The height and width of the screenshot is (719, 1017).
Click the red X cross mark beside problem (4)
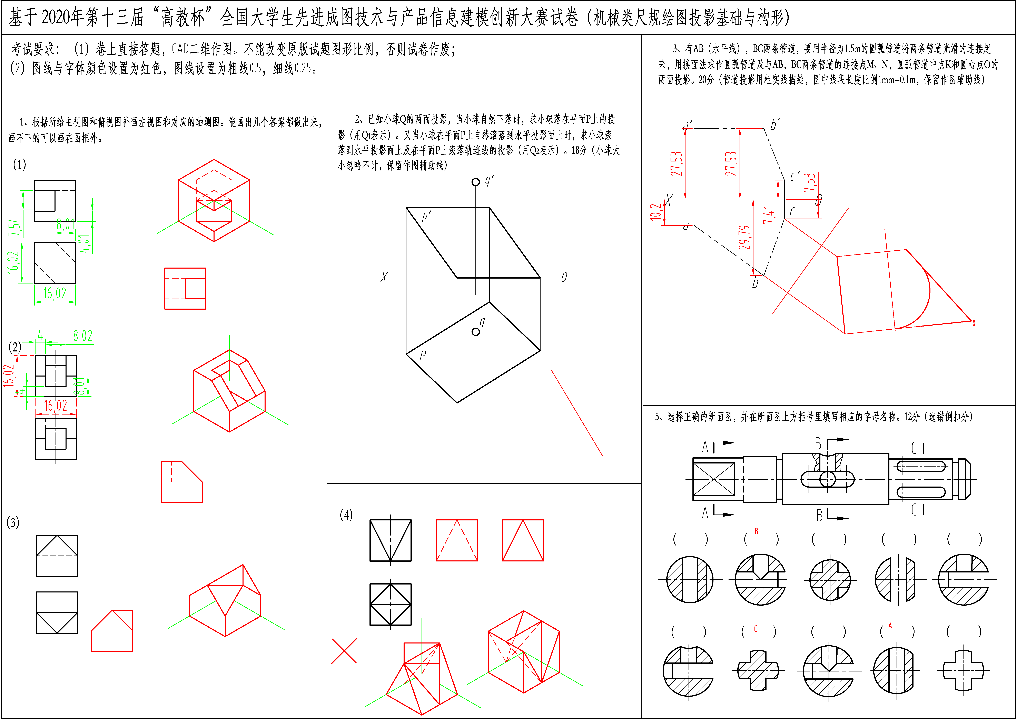344,651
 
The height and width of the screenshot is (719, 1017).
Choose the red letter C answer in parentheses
756,629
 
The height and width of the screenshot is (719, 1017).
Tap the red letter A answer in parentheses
890,626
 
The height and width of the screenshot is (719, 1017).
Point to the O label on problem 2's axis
564,277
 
